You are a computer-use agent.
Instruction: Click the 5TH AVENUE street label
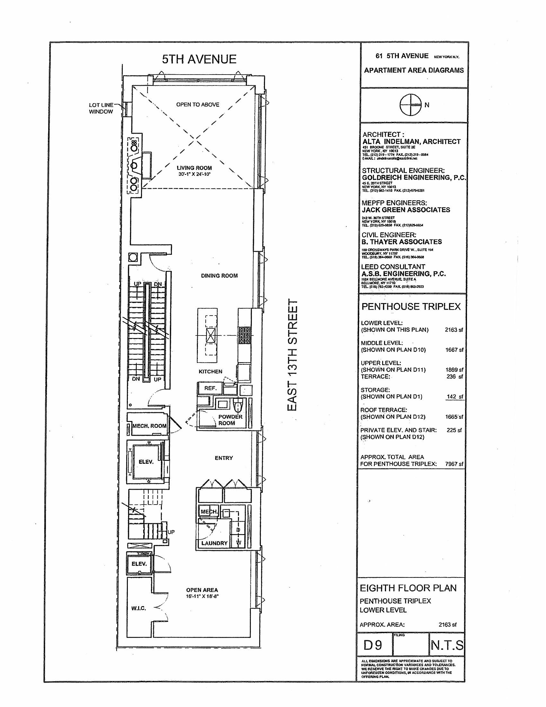tap(199, 59)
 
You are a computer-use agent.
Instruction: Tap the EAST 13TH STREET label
tap(292, 355)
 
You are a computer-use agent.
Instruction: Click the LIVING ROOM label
tap(194, 168)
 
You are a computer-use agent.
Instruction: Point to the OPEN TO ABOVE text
tap(197, 104)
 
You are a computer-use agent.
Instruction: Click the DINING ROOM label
tap(219, 276)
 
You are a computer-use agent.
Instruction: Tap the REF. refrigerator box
tap(210, 388)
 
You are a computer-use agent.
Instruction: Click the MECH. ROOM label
tap(149, 426)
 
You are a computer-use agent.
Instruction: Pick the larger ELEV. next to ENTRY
tap(146, 462)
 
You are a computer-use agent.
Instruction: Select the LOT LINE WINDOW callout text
tap(101, 108)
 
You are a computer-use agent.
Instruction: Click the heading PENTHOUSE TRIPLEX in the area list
tap(411, 307)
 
